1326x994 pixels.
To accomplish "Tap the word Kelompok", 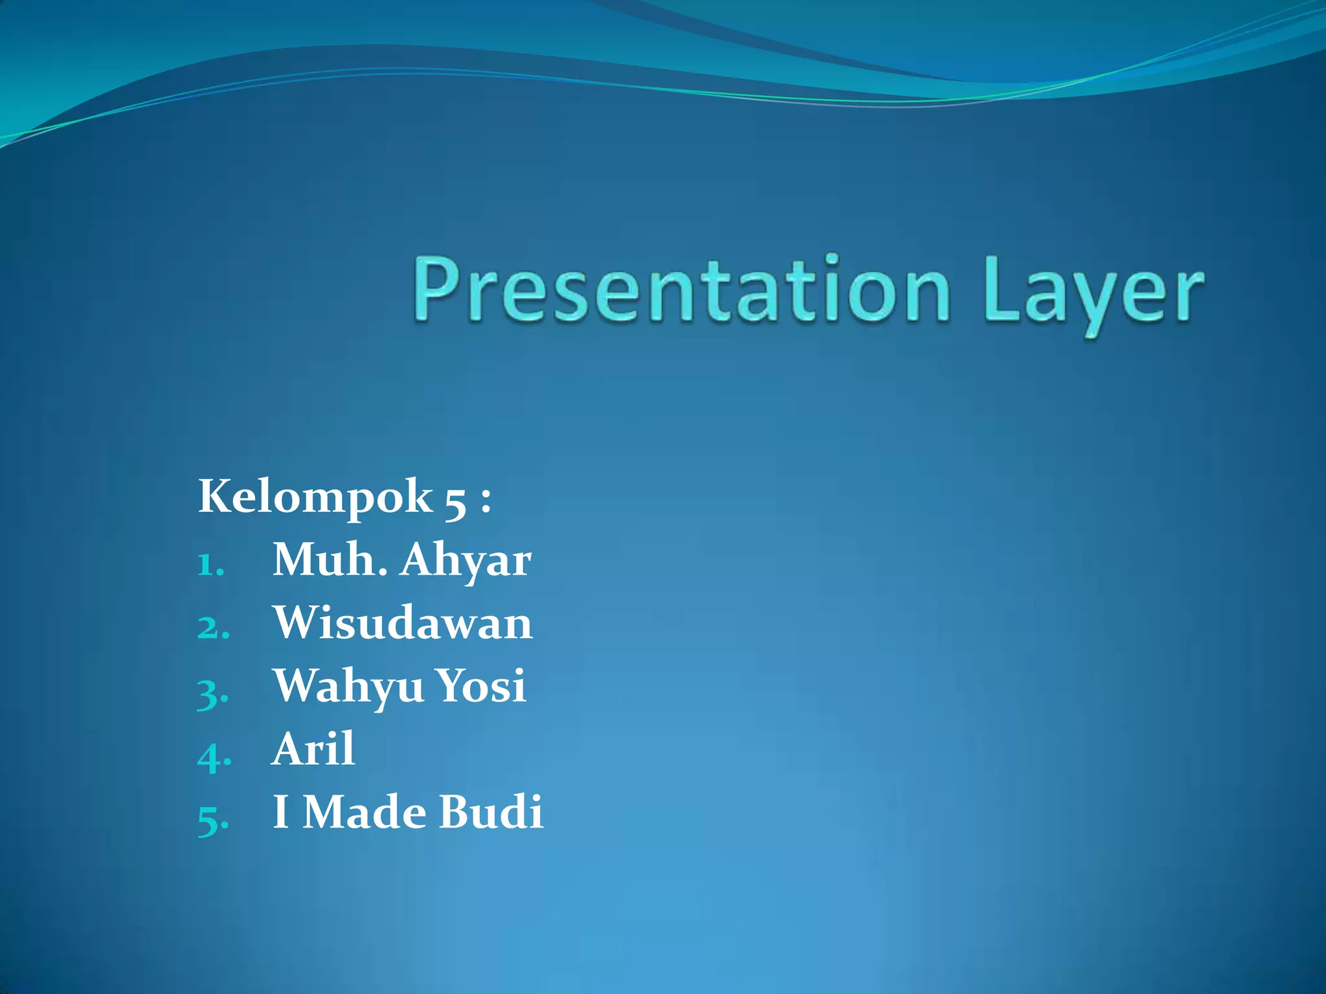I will (x=315, y=497).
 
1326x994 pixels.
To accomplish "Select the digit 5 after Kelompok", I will (x=455, y=502).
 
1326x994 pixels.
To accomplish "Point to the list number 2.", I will (x=212, y=628).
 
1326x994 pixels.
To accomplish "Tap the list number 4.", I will (x=213, y=756).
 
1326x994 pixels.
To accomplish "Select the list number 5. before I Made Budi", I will (x=212, y=820).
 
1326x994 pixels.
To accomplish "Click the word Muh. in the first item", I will (x=330, y=560).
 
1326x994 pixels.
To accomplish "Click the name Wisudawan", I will (x=402, y=623).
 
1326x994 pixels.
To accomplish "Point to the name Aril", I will (x=313, y=749).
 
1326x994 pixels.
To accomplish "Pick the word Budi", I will (x=491, y=812).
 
